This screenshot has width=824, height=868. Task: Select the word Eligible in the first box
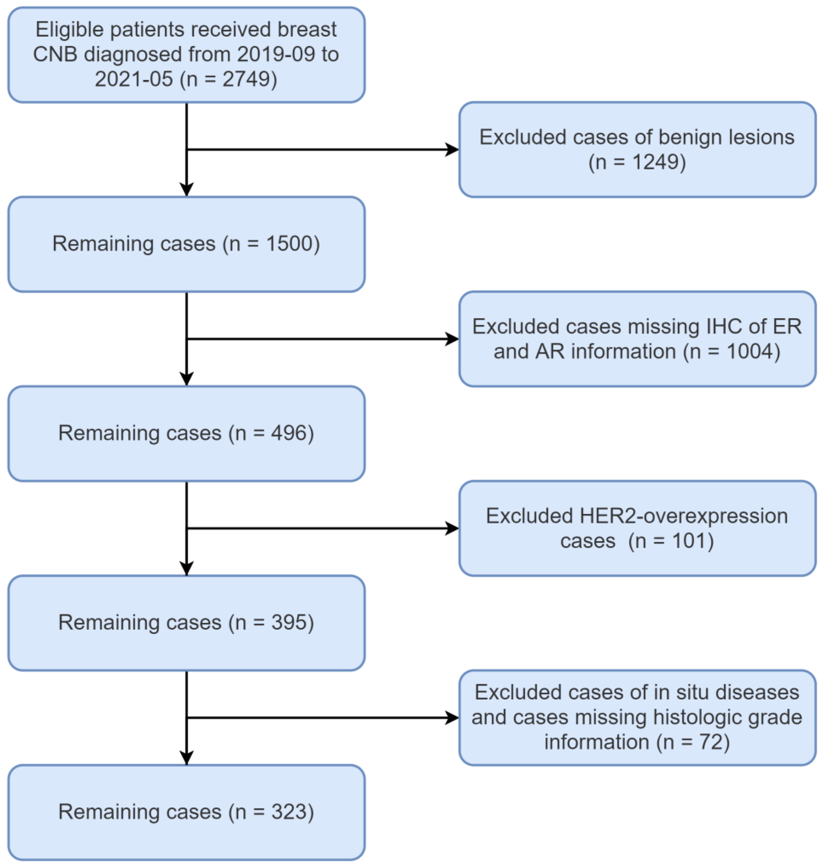69,30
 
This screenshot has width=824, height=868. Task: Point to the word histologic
698,718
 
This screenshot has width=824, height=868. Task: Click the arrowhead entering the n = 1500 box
187,189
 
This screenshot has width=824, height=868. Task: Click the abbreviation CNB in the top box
55,54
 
